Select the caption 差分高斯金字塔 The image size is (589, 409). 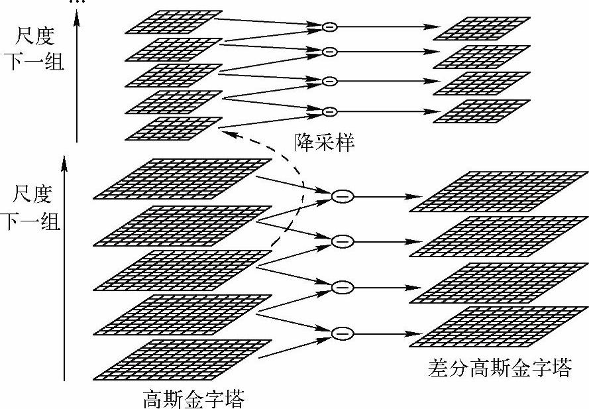pos(499,368)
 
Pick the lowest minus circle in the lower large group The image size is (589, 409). pos(342,333)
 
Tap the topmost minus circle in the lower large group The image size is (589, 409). pos(342,196)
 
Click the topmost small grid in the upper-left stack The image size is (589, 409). pos(174,21)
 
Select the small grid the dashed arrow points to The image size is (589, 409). pos(174,127)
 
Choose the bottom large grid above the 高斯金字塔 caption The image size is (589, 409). pos(183,358)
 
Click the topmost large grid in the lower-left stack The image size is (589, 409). pos(183,178)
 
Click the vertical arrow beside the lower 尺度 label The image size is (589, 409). pos(64,265)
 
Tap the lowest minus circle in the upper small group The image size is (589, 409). pos(329,110)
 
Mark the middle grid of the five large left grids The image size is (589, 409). pos(183,269)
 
